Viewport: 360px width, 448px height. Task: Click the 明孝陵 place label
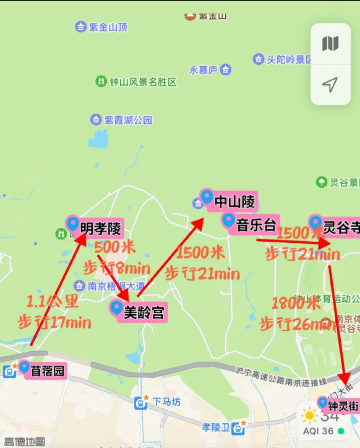tap(100, 229)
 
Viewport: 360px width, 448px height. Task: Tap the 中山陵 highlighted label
tap(235, 201)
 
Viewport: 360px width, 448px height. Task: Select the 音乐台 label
tap(256, 225)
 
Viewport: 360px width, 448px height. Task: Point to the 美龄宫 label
tap(144, 313)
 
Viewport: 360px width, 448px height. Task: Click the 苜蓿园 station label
tap(47, 371)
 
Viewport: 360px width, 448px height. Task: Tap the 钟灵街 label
tap(343, 406)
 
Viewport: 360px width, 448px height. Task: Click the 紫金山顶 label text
tap(108, 27)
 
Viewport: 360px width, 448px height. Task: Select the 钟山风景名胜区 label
tap(143, 82)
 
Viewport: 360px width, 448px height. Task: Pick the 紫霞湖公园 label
tap(128, 120)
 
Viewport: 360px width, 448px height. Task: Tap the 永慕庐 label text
tap(203, 70)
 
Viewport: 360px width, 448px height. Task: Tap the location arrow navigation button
tap(330, 85)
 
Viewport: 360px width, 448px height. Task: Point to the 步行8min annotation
tap(117, 268)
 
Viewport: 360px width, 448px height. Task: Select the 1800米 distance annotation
tap(296, 303)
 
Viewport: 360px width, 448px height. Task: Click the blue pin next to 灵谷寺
tap(315, 222)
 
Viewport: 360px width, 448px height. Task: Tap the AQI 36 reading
tap(318, 431)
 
